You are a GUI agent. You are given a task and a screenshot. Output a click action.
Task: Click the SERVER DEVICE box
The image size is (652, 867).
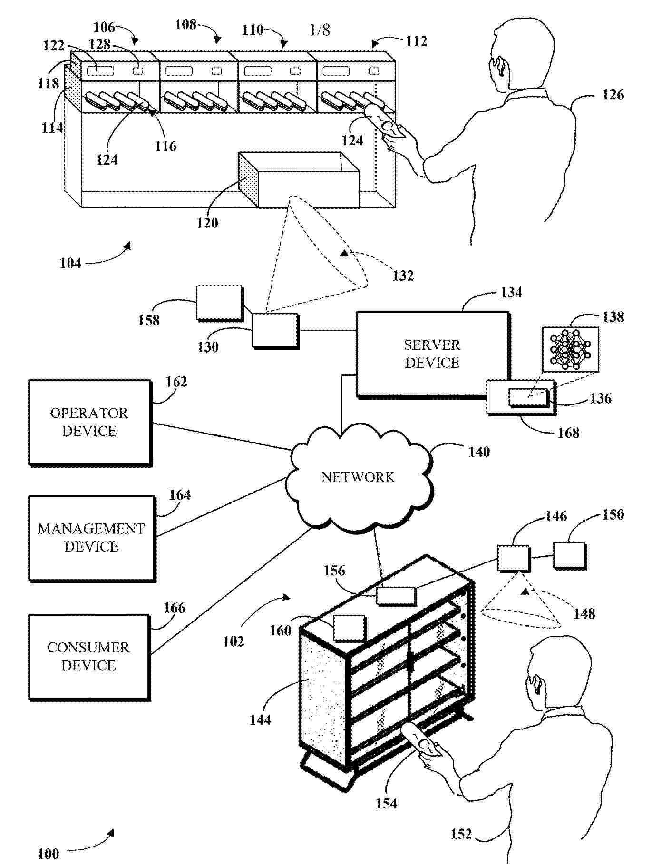(432, 354)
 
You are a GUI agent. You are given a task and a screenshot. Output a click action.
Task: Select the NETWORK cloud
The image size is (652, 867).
(358, 477)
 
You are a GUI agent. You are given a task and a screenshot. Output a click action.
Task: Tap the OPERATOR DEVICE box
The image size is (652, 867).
(89, 422)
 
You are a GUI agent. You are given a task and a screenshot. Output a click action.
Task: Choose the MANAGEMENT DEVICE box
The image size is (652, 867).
(91, 538)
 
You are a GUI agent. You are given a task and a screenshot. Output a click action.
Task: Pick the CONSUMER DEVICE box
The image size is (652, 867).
(88, 657)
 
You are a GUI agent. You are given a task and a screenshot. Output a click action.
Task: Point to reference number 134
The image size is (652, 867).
(511, 292)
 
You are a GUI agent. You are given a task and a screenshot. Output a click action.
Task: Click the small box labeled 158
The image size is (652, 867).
(219, 303)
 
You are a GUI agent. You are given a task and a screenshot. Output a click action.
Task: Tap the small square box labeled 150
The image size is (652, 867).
(569, 555)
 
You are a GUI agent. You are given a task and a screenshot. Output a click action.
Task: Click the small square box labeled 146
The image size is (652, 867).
(513, 558)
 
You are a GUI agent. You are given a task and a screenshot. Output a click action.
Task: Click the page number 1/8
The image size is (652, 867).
(320, 30)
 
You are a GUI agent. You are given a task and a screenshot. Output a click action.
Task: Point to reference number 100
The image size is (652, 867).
(48, 854)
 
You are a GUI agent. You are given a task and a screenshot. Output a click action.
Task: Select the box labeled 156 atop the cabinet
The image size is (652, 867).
(396, 596)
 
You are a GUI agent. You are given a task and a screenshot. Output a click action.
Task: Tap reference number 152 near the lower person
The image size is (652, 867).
(461, 834)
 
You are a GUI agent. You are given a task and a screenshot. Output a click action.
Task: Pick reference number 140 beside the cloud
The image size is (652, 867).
(479, 452)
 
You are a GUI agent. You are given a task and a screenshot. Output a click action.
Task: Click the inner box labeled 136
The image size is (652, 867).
(528, 397)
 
